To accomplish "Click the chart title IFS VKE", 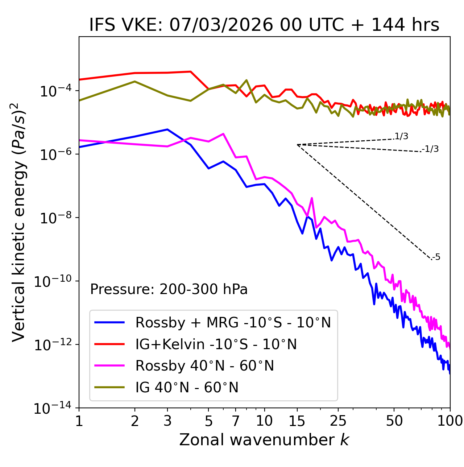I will coord(264,25).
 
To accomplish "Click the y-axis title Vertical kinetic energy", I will coord(19,222).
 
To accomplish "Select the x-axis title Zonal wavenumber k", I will coord(264,439).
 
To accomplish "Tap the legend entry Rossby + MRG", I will coord(233,322).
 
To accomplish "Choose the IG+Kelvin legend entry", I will coord(216,344).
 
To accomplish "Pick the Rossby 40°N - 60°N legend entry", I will coord(204,366).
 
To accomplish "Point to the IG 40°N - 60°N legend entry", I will coord(187,388).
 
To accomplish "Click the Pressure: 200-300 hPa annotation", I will coord(169,289).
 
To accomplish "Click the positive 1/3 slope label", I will coord(401,136).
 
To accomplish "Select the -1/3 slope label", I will coord(430,149).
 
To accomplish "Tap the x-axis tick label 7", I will coord(236,421).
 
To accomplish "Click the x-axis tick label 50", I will coord(394,421).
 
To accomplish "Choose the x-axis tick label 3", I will coord(167,421).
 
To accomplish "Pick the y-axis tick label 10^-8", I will coord(55,218).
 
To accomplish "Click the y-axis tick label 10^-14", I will coord(53,409).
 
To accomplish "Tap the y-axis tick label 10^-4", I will coord(55,91).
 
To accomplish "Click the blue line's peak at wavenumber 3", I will coord(167,129).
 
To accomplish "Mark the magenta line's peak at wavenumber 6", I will coord(223,134).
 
